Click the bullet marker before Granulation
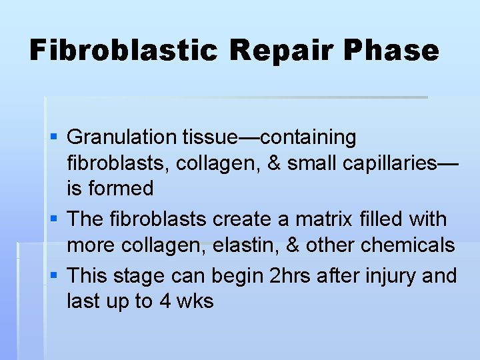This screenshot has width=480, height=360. coord(55,137)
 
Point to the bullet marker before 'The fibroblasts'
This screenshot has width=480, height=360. coord(55,219)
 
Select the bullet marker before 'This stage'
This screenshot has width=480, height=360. coord(55,275)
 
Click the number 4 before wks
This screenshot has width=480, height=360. coord(165,301)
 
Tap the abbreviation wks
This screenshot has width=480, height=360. coord(195,301)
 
